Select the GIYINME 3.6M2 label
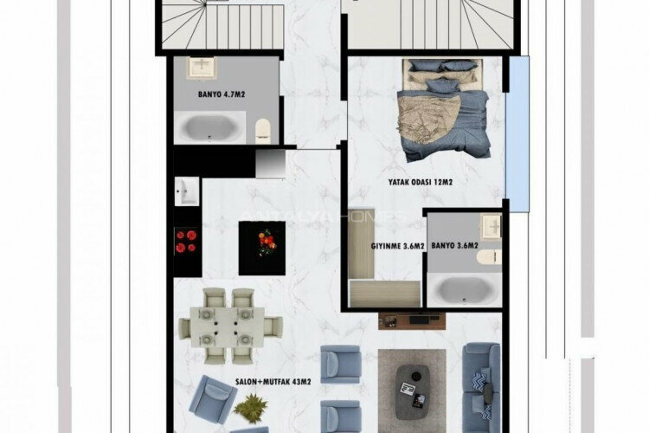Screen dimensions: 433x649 [398, 246]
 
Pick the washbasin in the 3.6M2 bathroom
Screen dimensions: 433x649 [491, 227]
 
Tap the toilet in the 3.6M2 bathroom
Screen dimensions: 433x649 [492, 259]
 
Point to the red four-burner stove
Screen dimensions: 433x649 [187, 241]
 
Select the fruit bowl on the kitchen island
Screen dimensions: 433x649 [262, 239]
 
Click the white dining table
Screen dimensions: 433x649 [230, 326]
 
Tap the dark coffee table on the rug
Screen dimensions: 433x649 [412, 387]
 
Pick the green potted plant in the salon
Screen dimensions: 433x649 [251, 406]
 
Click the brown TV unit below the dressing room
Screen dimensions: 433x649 [412, 320]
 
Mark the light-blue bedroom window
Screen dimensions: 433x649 [517, 134]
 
